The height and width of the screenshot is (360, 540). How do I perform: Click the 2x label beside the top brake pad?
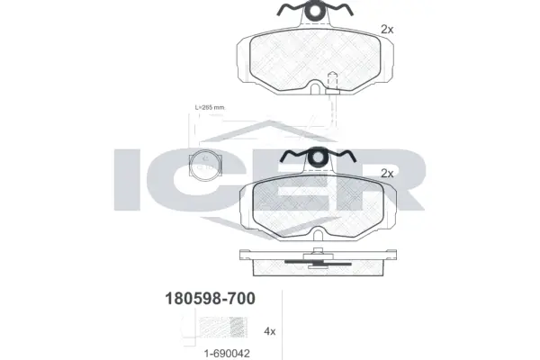coord(388,30)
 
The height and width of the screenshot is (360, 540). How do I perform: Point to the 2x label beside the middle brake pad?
coord(389,173)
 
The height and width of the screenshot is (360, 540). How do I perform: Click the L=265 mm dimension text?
coord(210,109)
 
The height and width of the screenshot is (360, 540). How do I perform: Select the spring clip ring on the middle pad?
coord(318,158)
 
